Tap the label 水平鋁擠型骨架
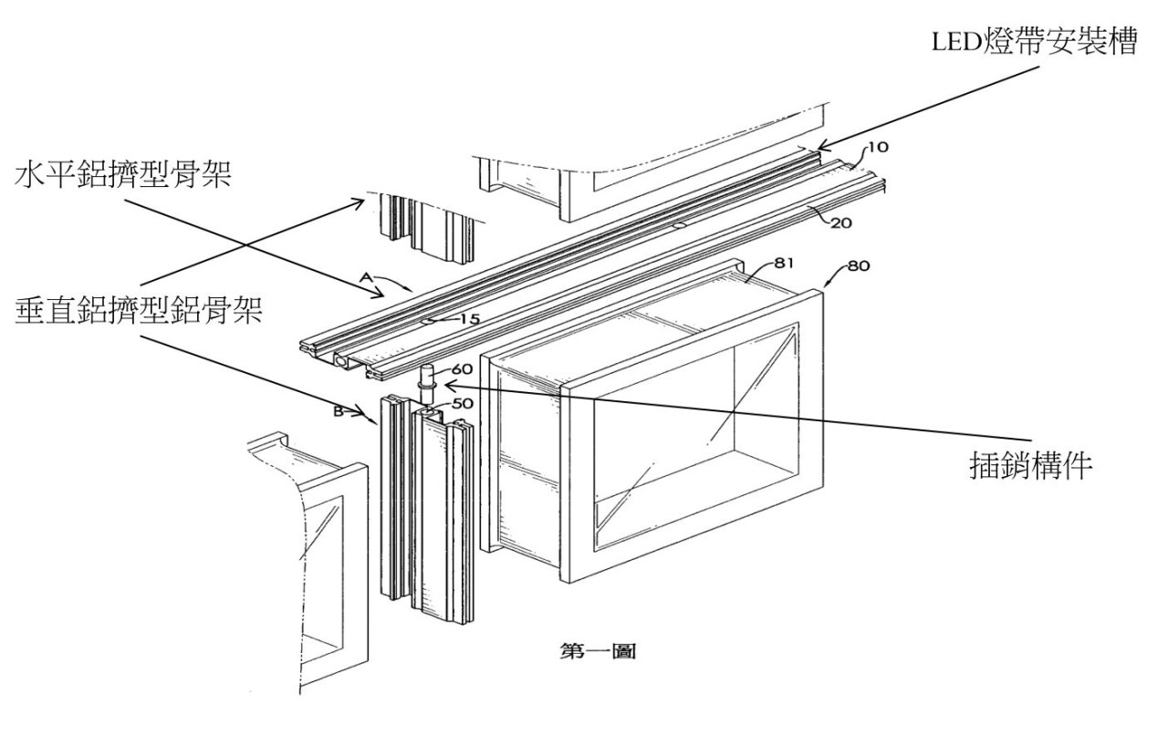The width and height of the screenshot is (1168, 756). click(x=123, y=175)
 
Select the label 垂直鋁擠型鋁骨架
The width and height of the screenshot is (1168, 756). click(x=139, y=311)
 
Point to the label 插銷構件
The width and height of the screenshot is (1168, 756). click(x=1030, y=465)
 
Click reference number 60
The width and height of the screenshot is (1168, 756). click(x=462, y=369)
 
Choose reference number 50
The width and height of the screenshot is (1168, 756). click(x=462, y=403)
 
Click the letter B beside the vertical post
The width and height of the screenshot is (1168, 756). click(x=339, y=411)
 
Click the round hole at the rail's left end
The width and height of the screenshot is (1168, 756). click(x=342, y=362)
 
